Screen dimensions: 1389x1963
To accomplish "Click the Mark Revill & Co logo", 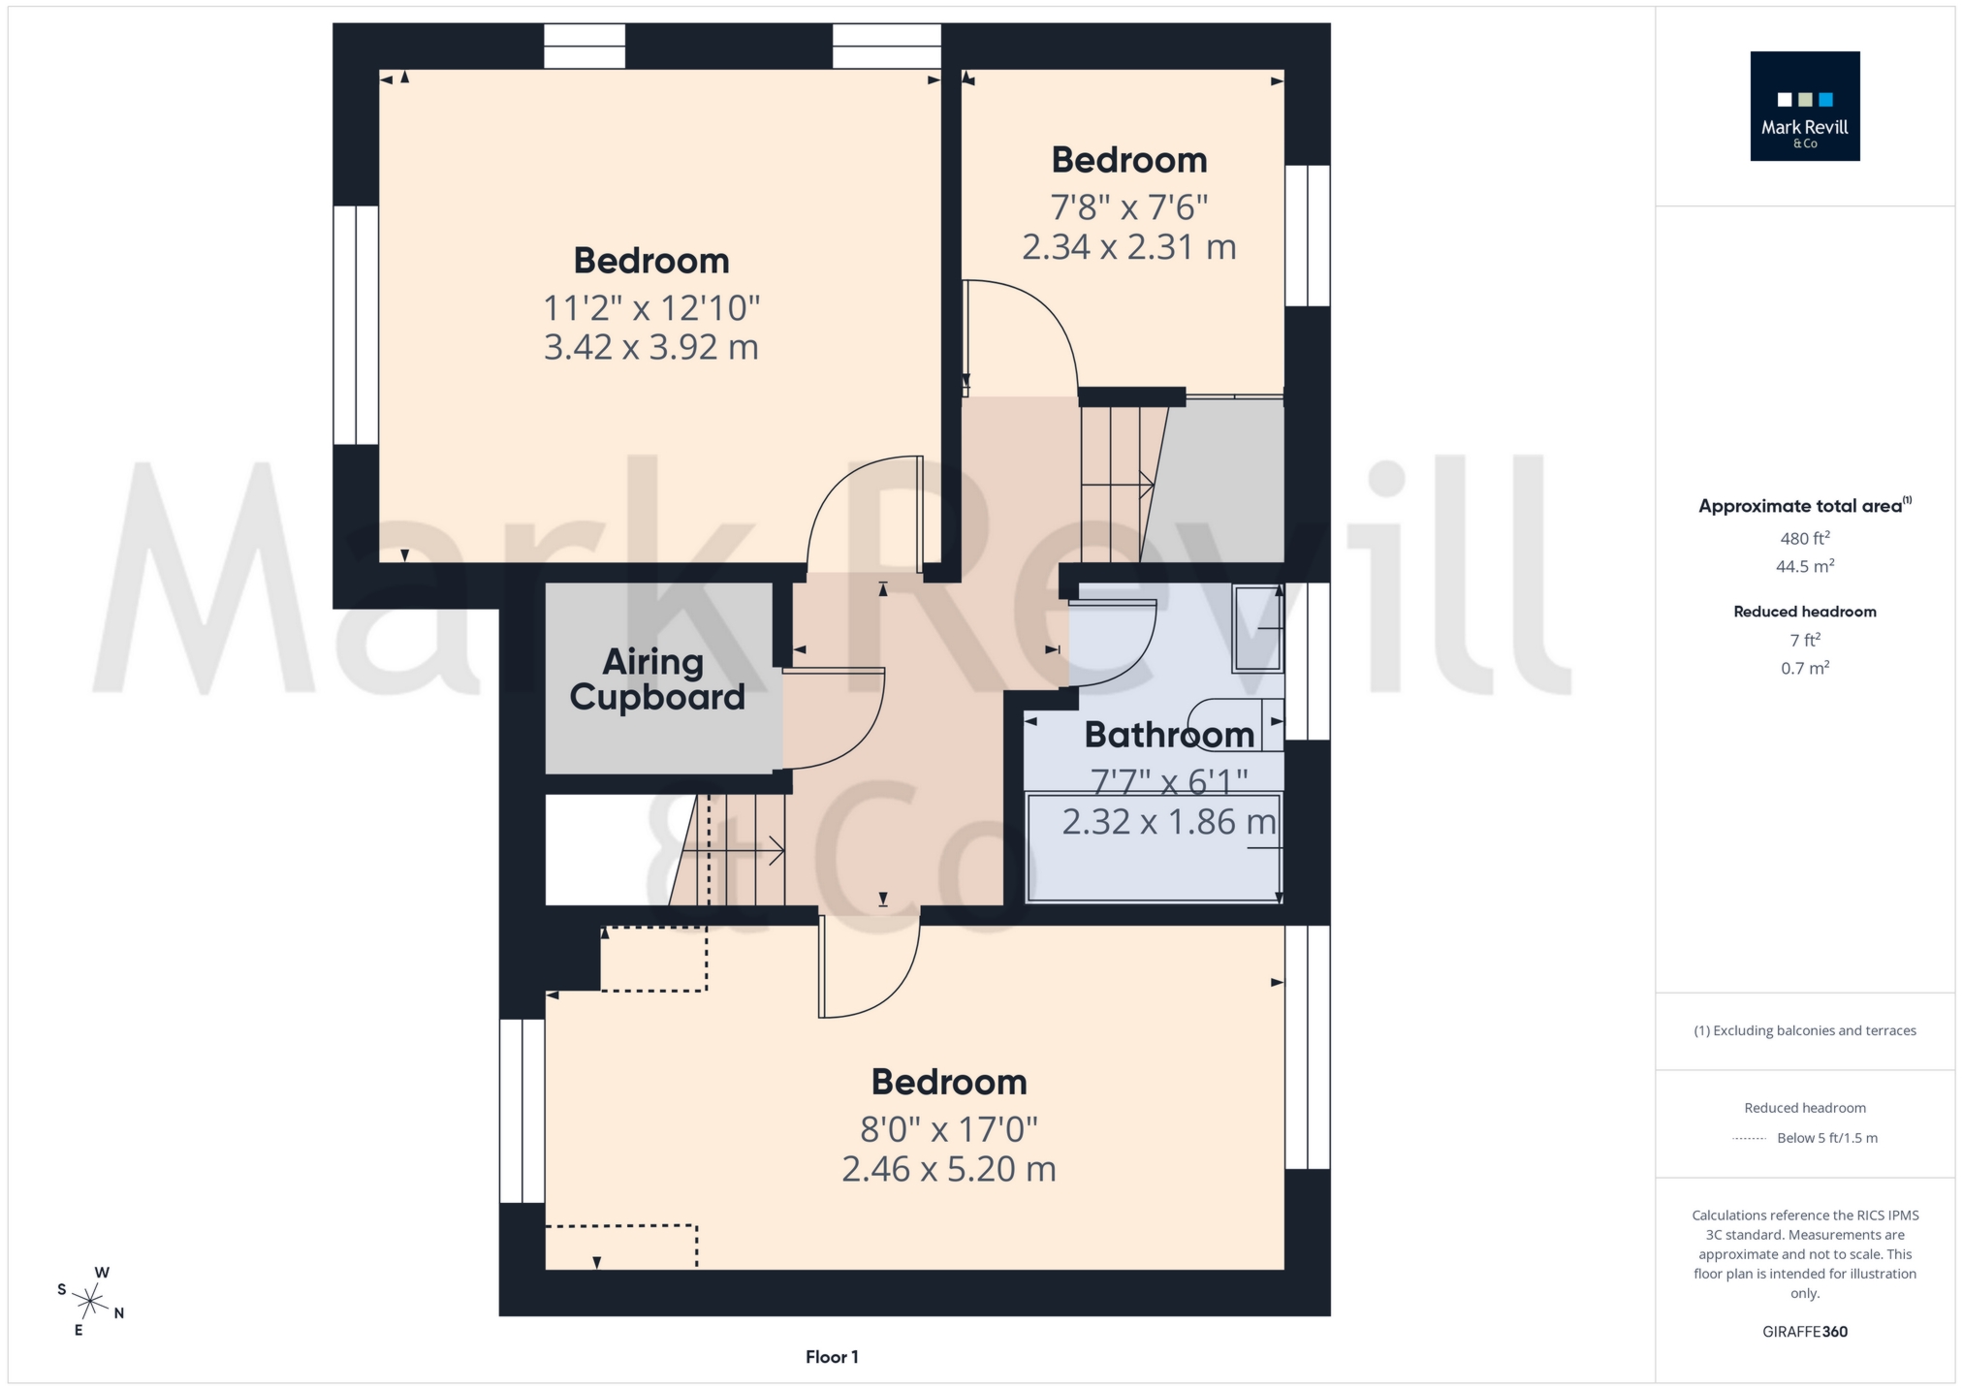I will pos(1804,106).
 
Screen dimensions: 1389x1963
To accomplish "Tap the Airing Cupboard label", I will pos(657,679).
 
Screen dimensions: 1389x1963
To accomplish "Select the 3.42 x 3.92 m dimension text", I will pos(650,347).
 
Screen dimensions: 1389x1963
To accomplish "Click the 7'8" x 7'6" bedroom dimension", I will pos(1129,207).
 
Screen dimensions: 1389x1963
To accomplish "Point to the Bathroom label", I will pos(1169,735).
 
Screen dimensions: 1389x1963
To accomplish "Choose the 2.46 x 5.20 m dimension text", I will pos(948,1169).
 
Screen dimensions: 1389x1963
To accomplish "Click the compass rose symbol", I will pos(90,1301).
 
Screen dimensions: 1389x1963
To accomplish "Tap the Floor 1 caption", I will pos(832,1357).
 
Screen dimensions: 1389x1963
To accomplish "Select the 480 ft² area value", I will pos(1804,538).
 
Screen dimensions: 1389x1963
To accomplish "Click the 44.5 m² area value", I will pos(1804,566).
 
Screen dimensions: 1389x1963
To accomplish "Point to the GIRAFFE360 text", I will pos(1804,1332).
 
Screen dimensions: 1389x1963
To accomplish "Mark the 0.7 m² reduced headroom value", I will pos(1804,668).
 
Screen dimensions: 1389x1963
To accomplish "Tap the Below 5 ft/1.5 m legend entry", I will pos(1826,1138).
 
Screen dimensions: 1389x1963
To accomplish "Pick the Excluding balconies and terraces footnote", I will pos(1804,1030).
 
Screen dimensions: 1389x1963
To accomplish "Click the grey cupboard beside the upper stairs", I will pos(1223,481).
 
